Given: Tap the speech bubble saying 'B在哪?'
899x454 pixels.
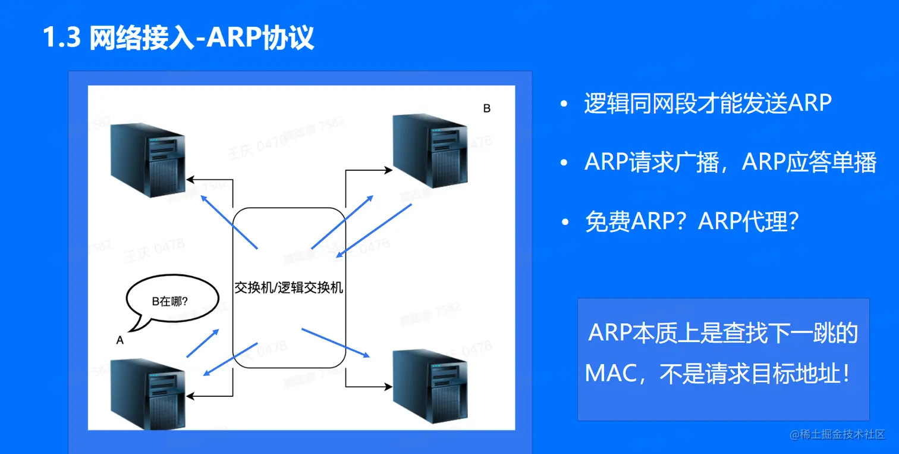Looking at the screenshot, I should pos(169,302).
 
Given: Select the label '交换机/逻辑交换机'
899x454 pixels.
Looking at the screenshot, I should pos(289,287).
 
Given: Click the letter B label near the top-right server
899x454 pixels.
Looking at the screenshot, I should pos(486,109).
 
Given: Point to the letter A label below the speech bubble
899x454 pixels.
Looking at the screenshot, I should pos(120,340).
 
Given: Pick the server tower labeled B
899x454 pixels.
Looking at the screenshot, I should pos(430,152).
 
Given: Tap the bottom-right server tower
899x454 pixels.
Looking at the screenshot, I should pos(430,387).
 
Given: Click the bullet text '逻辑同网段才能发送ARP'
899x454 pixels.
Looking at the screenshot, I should pos(708,104).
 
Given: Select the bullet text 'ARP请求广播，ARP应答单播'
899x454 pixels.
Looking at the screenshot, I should pos(730,162).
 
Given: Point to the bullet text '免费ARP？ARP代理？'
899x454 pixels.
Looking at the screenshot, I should pos(691,222).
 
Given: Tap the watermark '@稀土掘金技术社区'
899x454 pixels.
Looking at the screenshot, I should pos(837,435).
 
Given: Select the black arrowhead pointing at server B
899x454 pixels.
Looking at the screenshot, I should pos(388,170).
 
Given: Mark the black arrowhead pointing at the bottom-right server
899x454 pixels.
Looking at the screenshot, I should pos(388,387).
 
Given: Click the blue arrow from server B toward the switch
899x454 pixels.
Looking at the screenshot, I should pos(373,231).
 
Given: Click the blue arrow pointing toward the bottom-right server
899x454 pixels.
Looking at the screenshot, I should pos(336,343).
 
